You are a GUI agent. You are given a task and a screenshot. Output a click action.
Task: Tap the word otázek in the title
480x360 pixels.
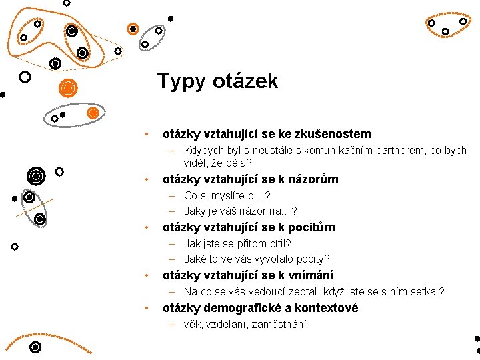(x=245, y=81)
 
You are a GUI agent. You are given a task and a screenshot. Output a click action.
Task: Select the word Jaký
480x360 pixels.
(x=195, y=211)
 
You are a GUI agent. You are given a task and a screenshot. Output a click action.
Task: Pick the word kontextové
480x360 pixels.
(x=326, y=308)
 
